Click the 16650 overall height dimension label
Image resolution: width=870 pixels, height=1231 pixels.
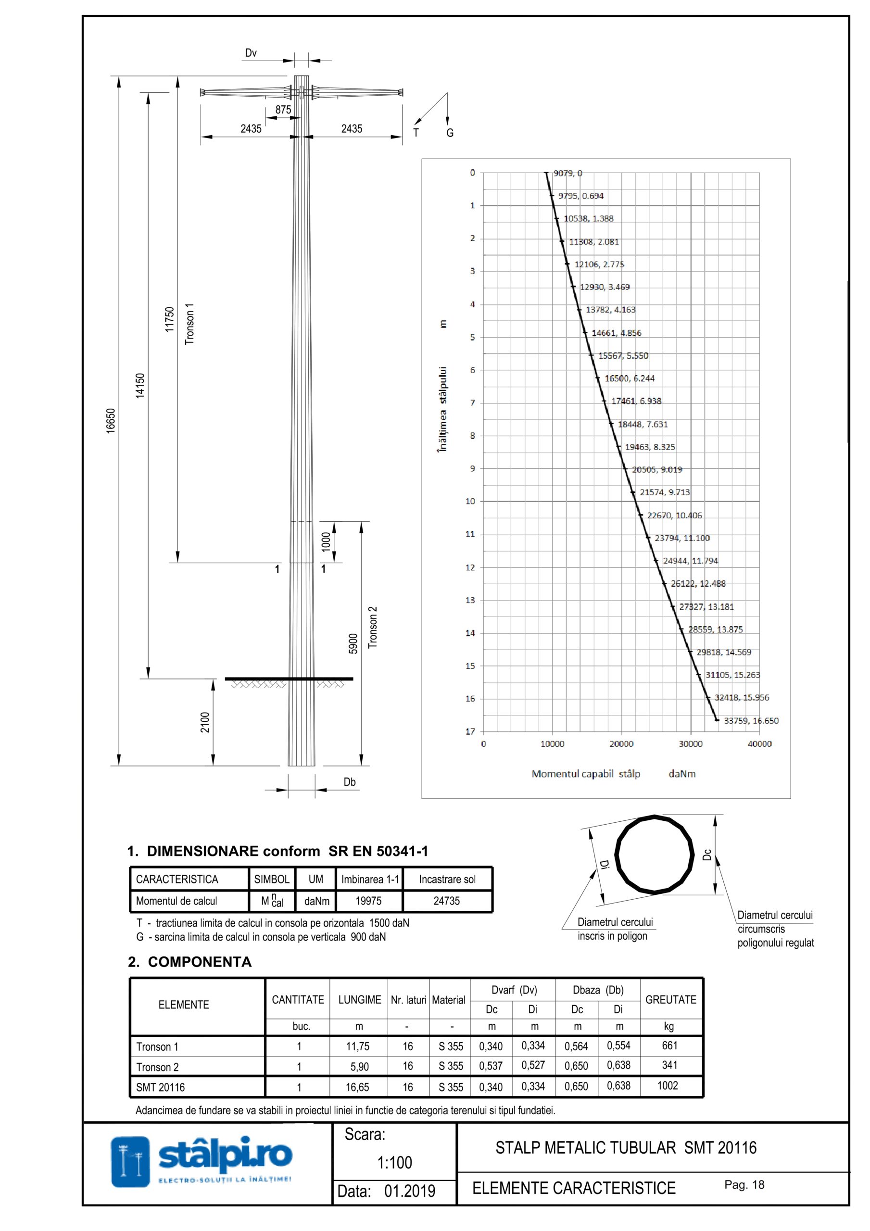click(111, 421)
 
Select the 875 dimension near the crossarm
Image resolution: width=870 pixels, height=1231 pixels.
click(283, 109)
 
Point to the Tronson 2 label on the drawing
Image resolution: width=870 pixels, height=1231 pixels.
click(372, 628)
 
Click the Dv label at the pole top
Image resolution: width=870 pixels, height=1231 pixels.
click(251, 52)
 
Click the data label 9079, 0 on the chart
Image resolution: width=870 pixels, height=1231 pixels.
click(567, 173)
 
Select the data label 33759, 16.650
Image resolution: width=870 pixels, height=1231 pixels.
click(751, 721)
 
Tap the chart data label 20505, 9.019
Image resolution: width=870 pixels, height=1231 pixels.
click(656, 470)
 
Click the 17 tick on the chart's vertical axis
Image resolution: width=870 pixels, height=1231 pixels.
click(470, 731)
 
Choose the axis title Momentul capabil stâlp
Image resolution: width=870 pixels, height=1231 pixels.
click(586, 774)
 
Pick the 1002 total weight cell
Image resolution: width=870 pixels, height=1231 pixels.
click(668, 1086)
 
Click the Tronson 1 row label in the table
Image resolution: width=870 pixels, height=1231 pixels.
click(157, 1046)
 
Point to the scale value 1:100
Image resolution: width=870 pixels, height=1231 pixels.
click(395, 1162)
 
